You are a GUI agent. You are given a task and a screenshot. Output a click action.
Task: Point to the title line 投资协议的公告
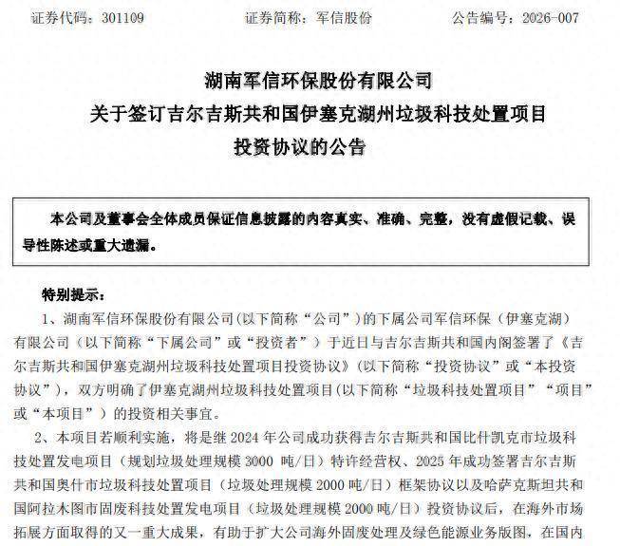310,147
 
